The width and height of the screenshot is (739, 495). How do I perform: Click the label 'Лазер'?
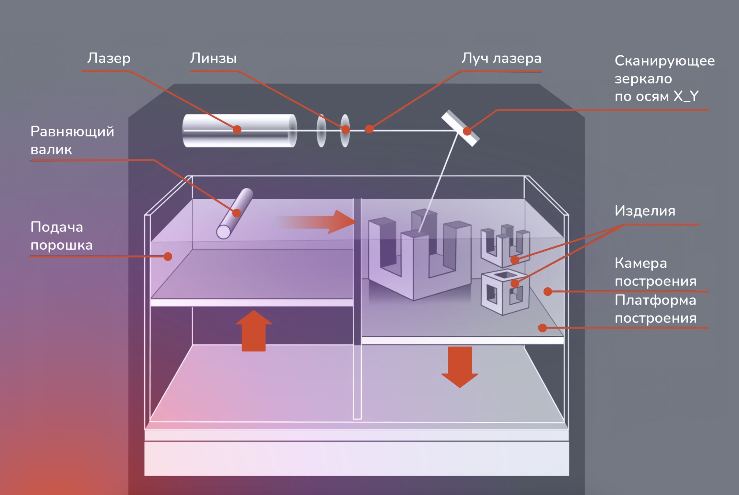pyautogui.click(x=109, y=59)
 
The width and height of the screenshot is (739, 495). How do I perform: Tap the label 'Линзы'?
pyautogui.click(x=213, y=59)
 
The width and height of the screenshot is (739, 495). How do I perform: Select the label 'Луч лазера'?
pyautogui.click(x=501, y=59)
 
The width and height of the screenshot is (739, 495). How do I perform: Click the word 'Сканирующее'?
pyautogui.click(x=664, y=61)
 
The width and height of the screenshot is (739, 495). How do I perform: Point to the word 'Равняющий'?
pyautogui.click(x=72, y=132)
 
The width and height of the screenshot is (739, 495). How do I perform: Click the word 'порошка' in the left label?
pyautogui.click(x=62, y=245)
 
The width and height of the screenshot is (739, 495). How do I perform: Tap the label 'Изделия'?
pyautogui.click(x=645, y=211)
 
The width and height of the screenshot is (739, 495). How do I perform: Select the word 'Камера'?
pyautogui.click(x=641, y=263)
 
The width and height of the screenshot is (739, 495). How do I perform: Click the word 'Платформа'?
pyautogui.click(x=655, y=300)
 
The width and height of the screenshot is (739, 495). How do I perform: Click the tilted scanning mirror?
pyautogui.click(x=460, y=128)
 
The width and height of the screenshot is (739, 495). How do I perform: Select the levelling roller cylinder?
pyautogui.click(x=235, y=213)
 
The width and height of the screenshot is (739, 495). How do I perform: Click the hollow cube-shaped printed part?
pyautogui.click(x=505, y=292)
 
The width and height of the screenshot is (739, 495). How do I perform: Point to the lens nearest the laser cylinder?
pyautogui.click(x=321, y=130)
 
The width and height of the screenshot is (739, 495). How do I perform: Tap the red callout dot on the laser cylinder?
pyautogui.click(x=237, y=130)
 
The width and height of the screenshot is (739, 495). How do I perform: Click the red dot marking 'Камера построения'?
pyautogui.click(x=547, y=292)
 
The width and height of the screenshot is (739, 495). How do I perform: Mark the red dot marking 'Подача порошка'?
pyautogui.click(x=168, y=257)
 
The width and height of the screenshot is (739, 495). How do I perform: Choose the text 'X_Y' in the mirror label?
pyautogui.click(x=686, y=96)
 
